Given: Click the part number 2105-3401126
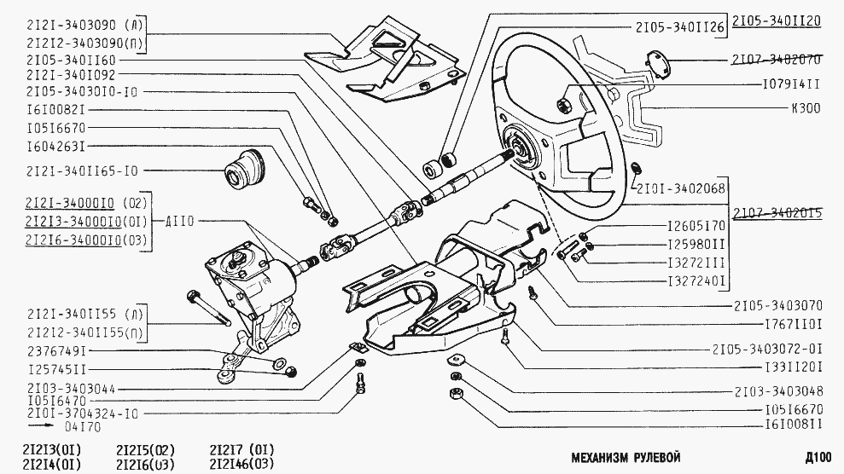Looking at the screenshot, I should coord(679,26).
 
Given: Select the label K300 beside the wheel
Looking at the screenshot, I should coord(806,108).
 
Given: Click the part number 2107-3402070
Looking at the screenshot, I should coord(776,61).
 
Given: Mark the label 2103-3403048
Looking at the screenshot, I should coord(778,392).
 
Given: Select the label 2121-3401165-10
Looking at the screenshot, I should coord(82,171).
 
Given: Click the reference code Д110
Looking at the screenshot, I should coord(180,222).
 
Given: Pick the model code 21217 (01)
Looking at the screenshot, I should coord(242,450).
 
